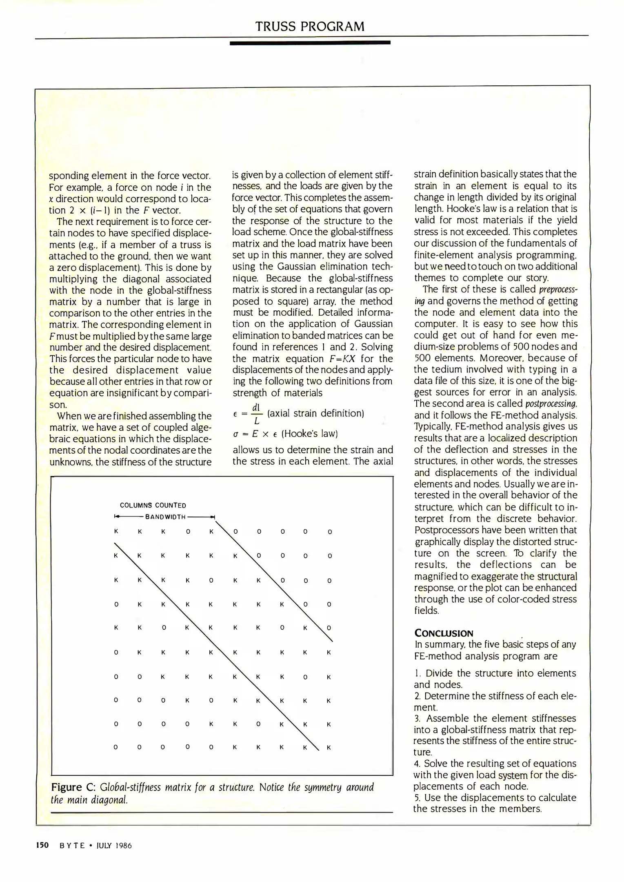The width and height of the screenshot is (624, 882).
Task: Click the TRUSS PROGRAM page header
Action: tap(310, 27)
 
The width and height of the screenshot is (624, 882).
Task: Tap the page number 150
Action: tap(42, 845)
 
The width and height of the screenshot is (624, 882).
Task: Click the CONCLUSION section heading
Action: tap(444, 633)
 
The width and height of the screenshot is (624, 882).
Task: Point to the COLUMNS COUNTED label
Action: tap(153, 505)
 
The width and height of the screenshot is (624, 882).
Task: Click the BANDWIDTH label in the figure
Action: tap(165, 517)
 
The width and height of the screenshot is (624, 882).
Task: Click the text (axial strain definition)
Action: tap(315, 413)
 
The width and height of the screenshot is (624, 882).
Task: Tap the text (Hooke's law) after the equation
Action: tap(309, 434)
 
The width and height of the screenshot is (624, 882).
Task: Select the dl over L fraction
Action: tap(256, 414)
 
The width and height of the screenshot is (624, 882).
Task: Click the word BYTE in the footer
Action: tap(72, 845)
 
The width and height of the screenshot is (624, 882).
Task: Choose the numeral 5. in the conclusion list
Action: tap(417, 797)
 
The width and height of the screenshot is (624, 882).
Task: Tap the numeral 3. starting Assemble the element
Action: tap(417, 718)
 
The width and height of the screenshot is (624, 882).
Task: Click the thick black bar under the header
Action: tap(310, 42)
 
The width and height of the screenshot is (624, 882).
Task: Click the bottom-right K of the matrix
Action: tap(329, 747)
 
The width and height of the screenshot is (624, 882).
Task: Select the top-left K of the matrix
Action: tap(116, 532)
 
